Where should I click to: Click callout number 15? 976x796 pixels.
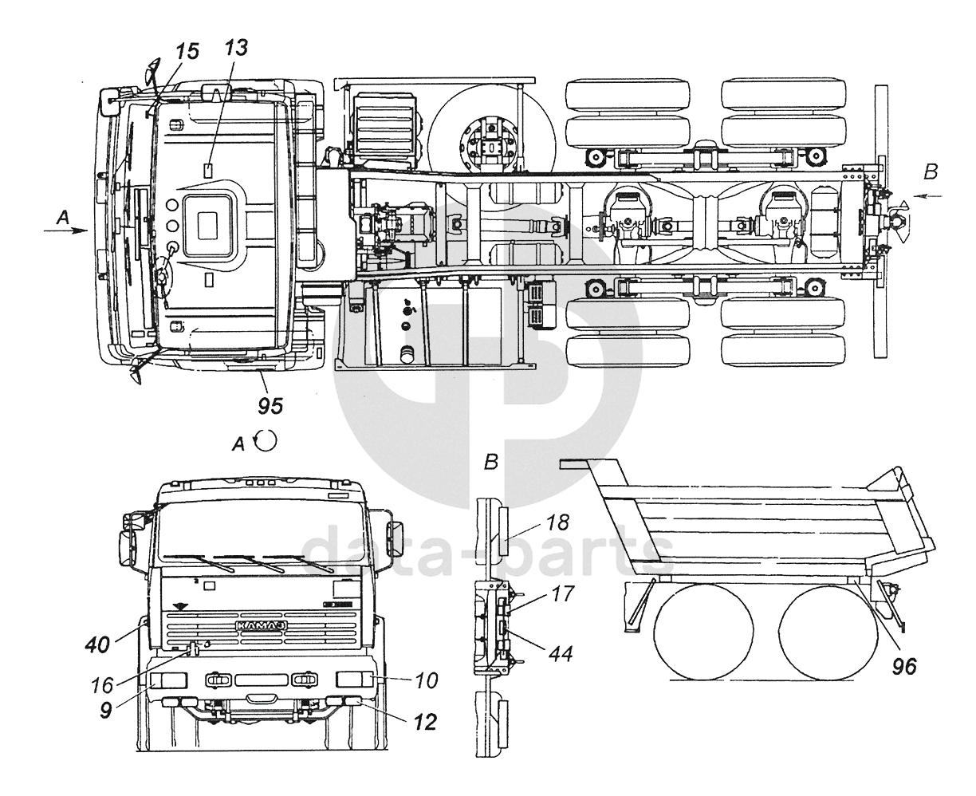point(187,51)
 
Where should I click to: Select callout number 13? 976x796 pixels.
point(237,47)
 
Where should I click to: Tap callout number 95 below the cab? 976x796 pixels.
point(270,406)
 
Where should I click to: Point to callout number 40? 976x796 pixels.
point(97,644)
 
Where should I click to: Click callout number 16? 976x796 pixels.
point(102,685)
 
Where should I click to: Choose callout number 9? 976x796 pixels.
point(106,711)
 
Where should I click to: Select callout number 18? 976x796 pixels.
point(557,522)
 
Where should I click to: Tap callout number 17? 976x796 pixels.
point(563,593)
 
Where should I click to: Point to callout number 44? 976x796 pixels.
point(561,653)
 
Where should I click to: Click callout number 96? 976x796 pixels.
point(903,667)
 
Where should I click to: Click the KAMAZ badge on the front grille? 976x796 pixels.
point(262,625)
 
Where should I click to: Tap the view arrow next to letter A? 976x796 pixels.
point(65,231)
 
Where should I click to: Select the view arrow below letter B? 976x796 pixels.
point(929,196)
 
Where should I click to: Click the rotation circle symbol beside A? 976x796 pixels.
point(266,440)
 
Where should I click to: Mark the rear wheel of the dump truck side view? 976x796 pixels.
point(828,632)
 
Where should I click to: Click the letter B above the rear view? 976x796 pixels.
point(490,461)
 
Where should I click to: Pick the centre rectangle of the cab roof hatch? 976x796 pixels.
point(207,226)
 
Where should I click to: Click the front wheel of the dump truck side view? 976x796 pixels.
point(703,632)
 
